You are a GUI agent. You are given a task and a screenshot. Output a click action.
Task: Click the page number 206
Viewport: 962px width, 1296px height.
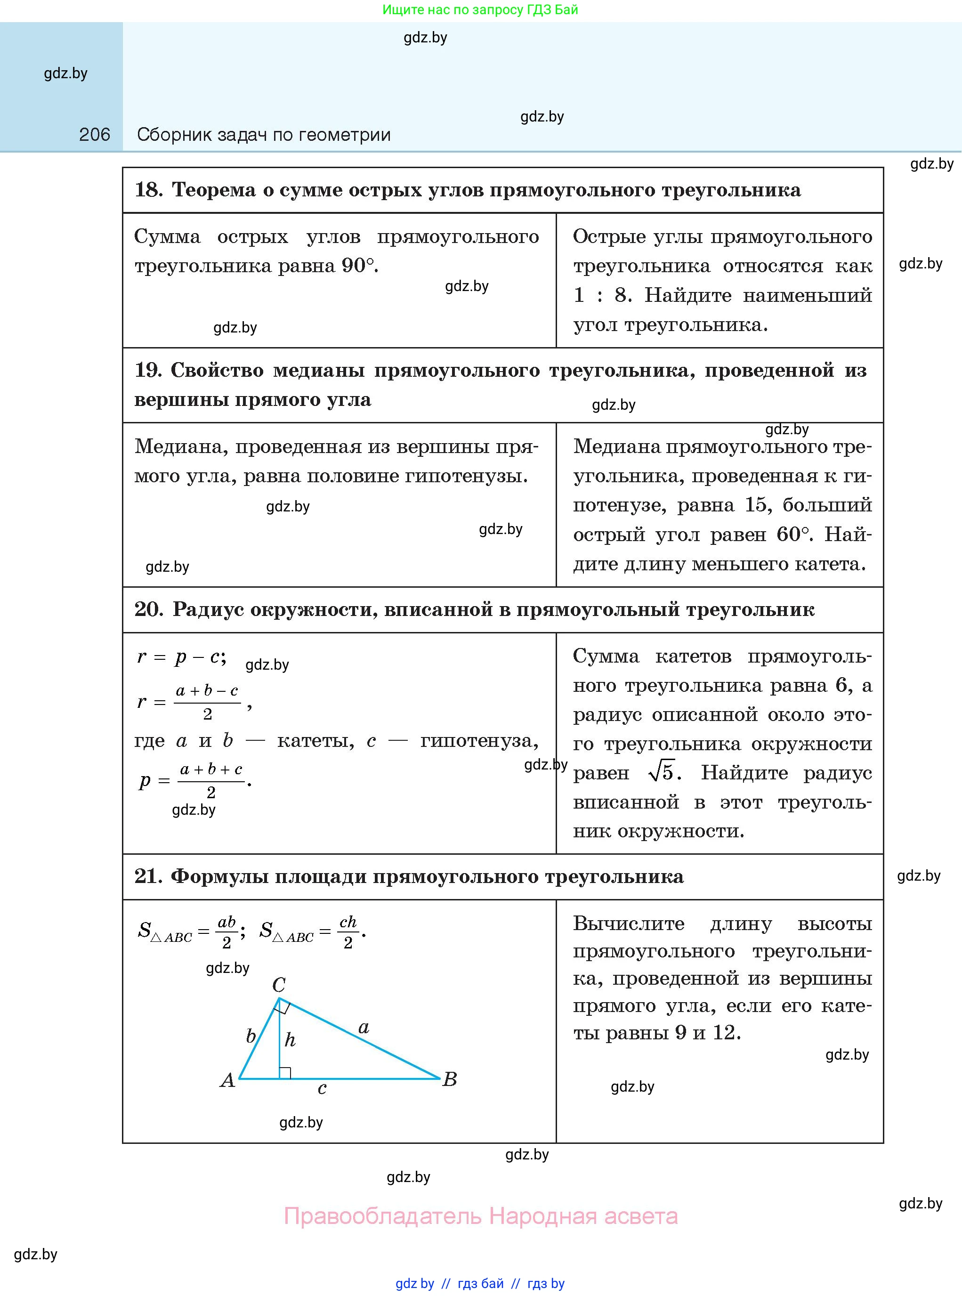94,135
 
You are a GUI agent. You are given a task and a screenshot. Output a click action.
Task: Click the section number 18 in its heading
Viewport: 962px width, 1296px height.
148,190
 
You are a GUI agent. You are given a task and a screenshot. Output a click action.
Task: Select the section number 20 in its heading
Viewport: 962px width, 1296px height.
148,609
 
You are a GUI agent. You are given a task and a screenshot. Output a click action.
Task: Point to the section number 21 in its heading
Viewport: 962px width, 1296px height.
148,876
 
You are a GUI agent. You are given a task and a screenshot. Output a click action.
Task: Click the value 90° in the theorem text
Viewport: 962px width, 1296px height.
357,266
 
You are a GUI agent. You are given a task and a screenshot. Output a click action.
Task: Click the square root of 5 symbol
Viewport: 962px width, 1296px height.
662,772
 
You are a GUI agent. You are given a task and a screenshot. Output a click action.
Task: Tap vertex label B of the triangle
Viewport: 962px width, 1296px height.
450,1079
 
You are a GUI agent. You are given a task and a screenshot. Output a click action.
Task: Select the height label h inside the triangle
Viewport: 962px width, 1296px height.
290,1040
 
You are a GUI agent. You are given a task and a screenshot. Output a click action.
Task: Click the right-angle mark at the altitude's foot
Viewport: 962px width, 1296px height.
285,1072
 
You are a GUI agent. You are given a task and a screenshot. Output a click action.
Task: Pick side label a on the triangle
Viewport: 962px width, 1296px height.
364,1028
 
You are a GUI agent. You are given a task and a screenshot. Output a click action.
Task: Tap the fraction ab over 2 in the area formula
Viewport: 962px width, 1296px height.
226,932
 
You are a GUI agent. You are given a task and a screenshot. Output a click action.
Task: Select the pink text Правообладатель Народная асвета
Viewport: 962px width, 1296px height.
480,1216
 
